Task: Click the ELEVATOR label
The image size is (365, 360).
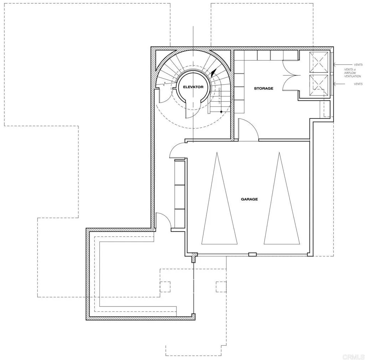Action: pyautogui.click(x=193, y=87)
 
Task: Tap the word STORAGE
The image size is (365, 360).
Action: pyautogui.click(x=263, y=88)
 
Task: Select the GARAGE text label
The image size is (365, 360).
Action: pyautogui.click(x=249, y=199)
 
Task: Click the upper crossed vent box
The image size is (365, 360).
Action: pyautogui.click(x=318, y=61)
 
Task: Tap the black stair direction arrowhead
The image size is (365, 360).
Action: pyautogui.click(x=213, y=73)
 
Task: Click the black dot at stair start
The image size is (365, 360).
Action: pyautogui.click(x=221, y=112)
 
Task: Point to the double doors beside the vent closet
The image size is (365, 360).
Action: pyautogui.click(x=291, y=76)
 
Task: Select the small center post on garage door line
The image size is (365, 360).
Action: pyautogui.click(x=252, y=254)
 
